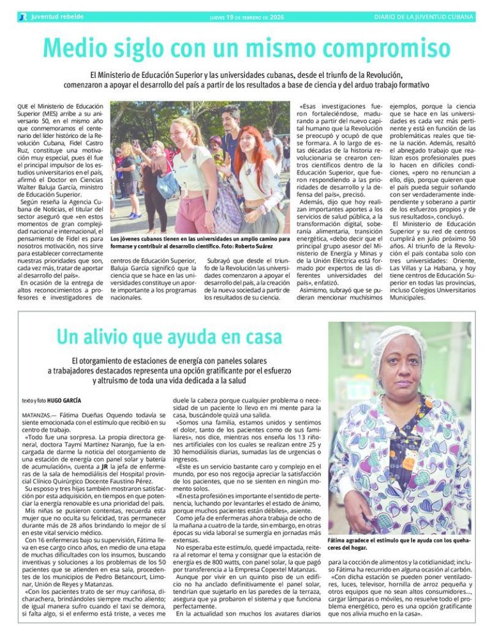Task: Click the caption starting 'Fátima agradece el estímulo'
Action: coord(399,543)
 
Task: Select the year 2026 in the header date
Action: coord(276,17)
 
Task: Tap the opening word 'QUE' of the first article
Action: coord(24,105)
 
